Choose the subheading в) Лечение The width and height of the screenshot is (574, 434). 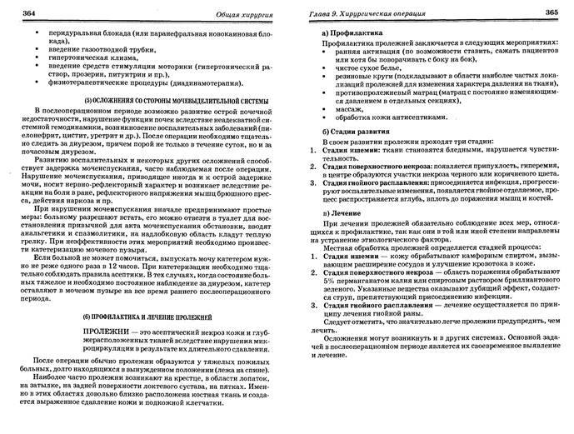[334, 212]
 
